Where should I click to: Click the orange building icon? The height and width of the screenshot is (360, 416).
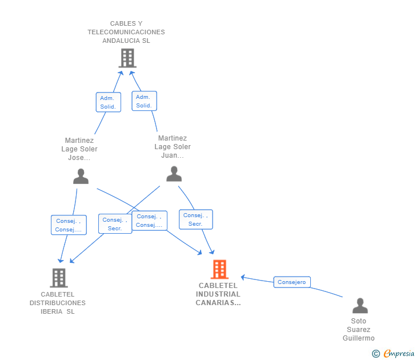coord(219,269)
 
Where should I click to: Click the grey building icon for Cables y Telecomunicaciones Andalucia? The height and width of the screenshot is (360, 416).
coord(127,58)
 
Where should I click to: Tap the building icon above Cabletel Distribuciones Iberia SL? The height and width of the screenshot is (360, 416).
coord(59,278)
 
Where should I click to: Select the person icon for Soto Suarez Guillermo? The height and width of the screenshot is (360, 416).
coord(359,306)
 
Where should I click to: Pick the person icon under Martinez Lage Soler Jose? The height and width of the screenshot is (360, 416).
coord(81,177)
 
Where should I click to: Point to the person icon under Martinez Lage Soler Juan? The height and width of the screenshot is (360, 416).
coord(174,173)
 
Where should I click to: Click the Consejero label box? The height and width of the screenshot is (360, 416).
coord(292,282)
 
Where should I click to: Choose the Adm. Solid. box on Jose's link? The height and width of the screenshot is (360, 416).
coord(108,102)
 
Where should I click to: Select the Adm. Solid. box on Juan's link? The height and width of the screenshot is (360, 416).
coord(144,101)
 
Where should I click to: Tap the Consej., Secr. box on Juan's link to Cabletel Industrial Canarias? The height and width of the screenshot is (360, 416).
coord(195,219)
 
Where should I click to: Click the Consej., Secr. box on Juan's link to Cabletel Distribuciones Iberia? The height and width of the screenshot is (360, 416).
coord(115,224)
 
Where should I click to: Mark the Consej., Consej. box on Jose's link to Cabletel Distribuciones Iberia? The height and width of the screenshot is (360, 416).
coord(68,225)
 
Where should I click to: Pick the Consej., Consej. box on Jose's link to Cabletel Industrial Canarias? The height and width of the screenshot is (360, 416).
coord(149,221)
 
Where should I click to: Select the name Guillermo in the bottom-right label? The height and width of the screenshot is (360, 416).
coord(359,338)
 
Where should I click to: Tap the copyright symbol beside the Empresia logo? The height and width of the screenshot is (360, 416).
coord(375,354)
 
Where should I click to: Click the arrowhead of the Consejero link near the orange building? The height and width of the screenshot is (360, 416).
coord(243,277)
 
